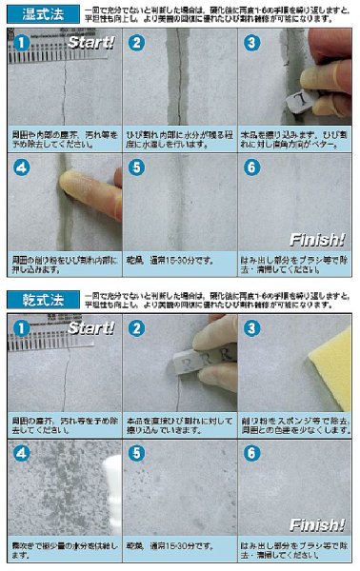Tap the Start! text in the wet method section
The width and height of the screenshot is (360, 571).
coord(93,44)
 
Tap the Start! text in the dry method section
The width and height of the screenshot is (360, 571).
coord(93,328)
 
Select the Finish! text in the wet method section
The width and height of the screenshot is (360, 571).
coord(318,240)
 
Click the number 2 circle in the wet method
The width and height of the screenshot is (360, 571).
coord(136,43)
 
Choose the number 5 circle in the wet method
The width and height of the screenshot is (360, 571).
coord(136,167)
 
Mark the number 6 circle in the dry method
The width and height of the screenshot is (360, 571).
coord(251,452)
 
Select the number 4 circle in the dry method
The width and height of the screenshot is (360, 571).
coord(20,452)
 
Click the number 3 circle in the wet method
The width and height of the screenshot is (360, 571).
coord(251,43)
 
